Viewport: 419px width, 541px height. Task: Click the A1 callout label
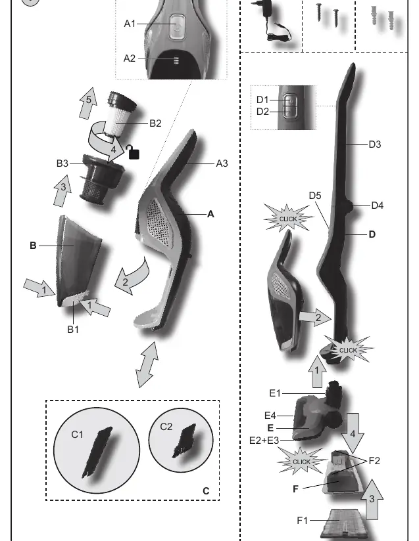pyautogui.click(x=130, y=24)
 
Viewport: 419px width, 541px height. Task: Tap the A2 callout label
pyautogui.click(x=130, y=58)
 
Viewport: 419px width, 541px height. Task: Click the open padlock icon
pyautogui.click(x=132, y=152)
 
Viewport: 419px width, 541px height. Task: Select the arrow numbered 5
pyautogui.click(x=87, y=103)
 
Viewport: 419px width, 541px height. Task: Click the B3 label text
pyautogui.click(x=62, y=163)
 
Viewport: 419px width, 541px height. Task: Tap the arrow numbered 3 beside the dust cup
pyautogui.click(x=62, y=191)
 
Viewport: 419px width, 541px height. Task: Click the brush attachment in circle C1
pyautogui.click(x=97, y=452)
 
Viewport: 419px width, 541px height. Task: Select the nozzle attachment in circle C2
pyautogui.click(x=185, y=441)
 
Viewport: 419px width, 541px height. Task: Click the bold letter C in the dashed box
pyautogui.click(x=206, y=491)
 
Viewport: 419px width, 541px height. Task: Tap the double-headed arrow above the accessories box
pyautogui.click(x=147, y=364)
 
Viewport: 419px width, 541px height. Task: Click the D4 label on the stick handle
pyautogui.click(x=377, y=206)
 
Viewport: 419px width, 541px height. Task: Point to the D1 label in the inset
pyautogui.click(x=262, y=100)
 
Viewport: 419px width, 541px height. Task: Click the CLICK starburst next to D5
pyautogui.click(x=288, y=219)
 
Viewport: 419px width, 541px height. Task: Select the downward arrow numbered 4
pyautogui.click(x=353, y=433)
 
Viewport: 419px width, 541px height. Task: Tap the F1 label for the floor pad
pyautogui.click(x=302, y=520)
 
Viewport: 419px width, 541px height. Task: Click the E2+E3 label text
pyautogui.click(x=264, y=441)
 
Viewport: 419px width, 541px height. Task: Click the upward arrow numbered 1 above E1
pyautogui.click(x=316, y=372)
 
